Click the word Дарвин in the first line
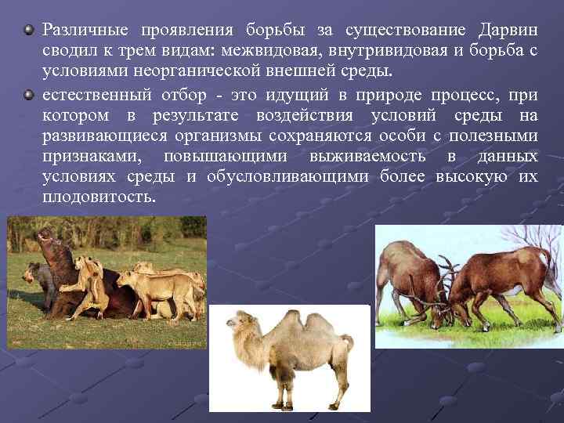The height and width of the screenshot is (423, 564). (507, 30)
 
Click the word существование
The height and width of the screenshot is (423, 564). (401, 30)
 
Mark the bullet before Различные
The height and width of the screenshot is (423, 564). (29, 30)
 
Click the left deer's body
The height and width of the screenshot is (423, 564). (407, 274)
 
